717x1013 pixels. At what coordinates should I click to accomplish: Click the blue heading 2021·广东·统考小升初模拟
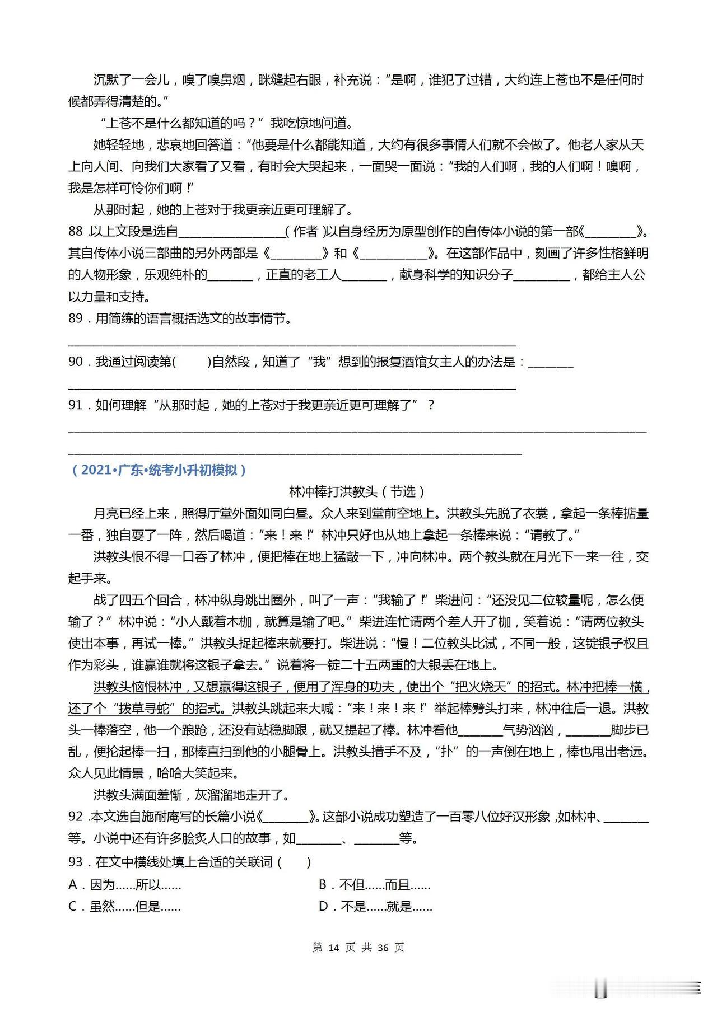click(x=159, y=470)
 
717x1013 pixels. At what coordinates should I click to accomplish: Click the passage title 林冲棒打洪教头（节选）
click(x=357, y=491)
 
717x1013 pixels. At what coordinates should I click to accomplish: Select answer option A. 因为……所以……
click(x=124, y=885)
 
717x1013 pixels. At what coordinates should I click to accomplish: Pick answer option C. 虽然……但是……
click(x=124, y=906)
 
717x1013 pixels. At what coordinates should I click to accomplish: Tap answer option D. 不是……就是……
click(x=375, y=906)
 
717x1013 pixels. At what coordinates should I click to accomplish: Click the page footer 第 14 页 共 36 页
click(x=358, y=948)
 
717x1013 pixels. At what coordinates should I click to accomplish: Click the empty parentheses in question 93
click(x=294, y=862)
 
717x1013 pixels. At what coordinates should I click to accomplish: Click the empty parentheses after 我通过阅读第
click(x=192, y=362)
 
